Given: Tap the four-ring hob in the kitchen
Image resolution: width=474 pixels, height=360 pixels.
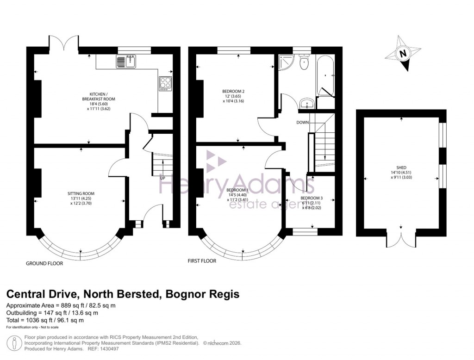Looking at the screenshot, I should pyautogui.click(x=165, y=82).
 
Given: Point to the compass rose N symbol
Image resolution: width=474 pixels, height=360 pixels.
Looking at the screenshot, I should pyautogui.click(x=403, y=54).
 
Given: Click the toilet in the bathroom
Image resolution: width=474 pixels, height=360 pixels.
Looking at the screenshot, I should pyautogui.click(x=304, y=63).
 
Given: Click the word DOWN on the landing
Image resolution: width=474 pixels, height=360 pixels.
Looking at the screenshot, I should pyautogui.click(x=303, y=122).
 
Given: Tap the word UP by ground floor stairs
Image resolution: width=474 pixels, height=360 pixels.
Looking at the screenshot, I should pyautogui.click(x=162, y=178).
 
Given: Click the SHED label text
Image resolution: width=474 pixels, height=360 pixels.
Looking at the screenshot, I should pyautogui.click(x=401, y=168).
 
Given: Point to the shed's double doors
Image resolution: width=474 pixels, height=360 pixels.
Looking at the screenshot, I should pyautogui.click(x=401, y=239).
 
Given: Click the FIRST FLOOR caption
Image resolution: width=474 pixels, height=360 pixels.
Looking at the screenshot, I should pyautogui.click(x=202, y=261).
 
